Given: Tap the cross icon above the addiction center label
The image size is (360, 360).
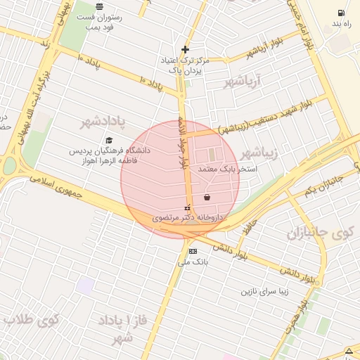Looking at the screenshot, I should pyautogui.click(x=185, y=49).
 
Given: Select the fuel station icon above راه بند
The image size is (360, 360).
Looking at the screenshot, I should pyautogui.click(x=341, y=13).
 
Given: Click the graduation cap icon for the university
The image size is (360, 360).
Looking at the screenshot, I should pyautogui.click(x=108, y=141).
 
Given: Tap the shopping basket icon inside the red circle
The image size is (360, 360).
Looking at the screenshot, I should pyautogui.click(x=207, y=197).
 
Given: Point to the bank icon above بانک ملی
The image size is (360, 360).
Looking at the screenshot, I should pyautogui.click(x=193, y=251).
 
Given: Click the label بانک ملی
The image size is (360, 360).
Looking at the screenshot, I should pyautogui.click(x=193, y=262).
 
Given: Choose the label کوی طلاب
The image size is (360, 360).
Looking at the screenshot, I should pyautogui.click(x=31, y=320).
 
